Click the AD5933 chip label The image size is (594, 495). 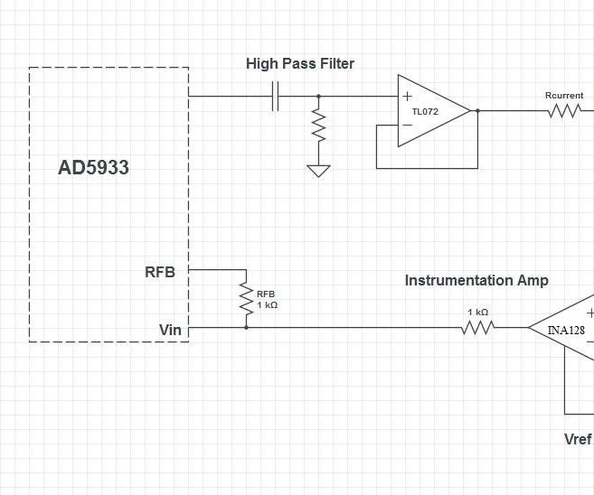click(x=93, y=167)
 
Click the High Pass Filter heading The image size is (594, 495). click(x=300, y=63)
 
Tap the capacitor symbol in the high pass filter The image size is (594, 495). click(x=276, y=96)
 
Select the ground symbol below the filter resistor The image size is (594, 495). click(x=318, y=171)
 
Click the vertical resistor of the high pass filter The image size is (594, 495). click(x=318, y=125)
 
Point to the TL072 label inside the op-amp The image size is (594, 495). click(x=425, y=112)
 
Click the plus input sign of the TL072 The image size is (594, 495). click(x=407, y=96)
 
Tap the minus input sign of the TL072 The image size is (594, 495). click(x=407, y=125)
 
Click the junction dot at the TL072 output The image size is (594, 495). click(x=477, y=111)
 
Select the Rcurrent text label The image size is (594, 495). click(x=564, y=96)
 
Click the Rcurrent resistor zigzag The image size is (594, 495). click(x=564, y=111)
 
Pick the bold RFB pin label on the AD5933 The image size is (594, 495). click(x=160, y=272)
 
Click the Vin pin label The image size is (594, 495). click(x=170, y=330)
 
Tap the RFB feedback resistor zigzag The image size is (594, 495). click(x=246, y=299)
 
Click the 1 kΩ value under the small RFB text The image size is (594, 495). click(x=267, y=305)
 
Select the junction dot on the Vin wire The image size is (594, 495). click(x=246, y=327)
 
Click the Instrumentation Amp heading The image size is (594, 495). click(x=476, y=280)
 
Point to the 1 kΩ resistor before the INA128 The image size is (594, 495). click(x=478, y=327)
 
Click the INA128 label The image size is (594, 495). click(x=566, y=331)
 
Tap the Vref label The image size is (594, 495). click(x=578, y=439)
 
